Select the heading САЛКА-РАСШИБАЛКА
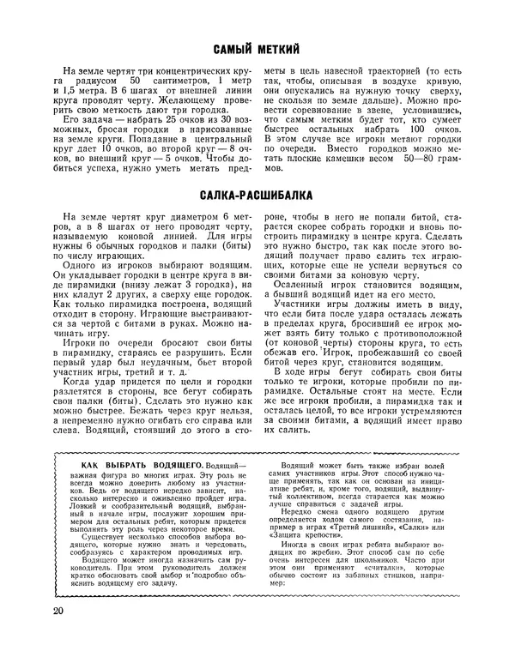[257, 196]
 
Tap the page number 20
[58, 611]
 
